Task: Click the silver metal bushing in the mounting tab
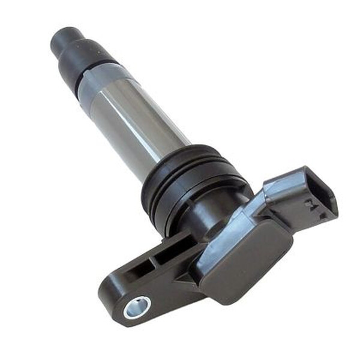137,308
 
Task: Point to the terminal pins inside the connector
313,208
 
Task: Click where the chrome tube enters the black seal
174,156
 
